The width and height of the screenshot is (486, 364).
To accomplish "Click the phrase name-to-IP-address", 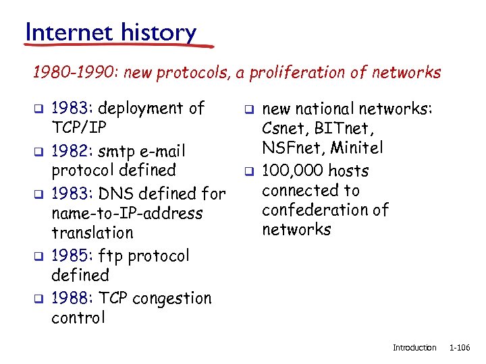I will [x=127, y=214].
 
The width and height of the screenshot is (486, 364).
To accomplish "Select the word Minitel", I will [x=359, y=148].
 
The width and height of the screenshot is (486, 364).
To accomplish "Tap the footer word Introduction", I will [x=414, y=348].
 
